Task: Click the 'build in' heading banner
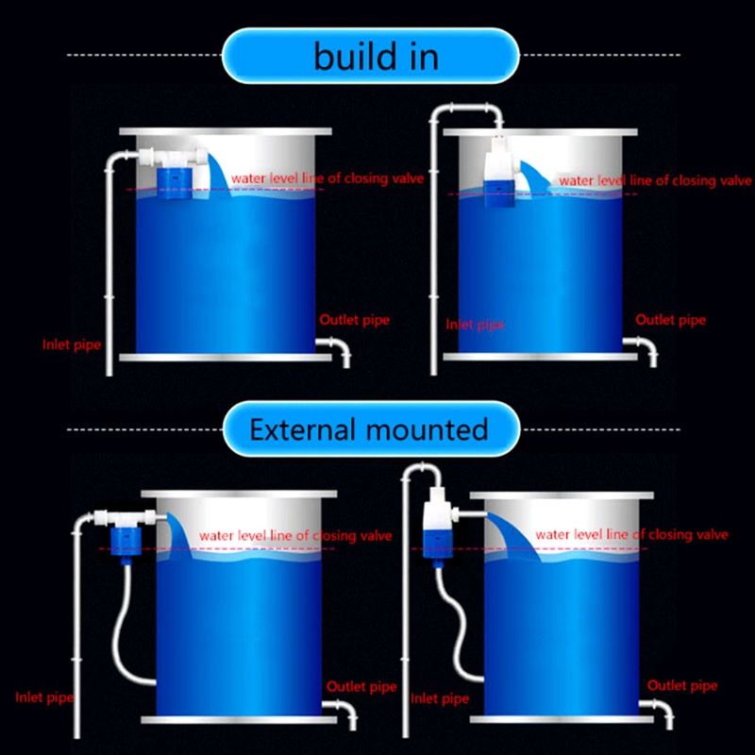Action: [x=377, y=57]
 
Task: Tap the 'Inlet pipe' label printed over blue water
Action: [x=475, y=324]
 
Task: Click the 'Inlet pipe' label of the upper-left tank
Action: [x=72, y=343]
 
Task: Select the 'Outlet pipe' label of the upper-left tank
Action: [x=354, y=319]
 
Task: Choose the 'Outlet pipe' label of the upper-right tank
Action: [x=670, y=320]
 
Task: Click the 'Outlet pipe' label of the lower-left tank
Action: [x=361, y=687]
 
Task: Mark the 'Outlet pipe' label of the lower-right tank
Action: [x=681, y=686]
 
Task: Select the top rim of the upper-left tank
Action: [x=226, y=132]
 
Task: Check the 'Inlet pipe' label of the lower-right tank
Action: [x=440, y=699]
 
